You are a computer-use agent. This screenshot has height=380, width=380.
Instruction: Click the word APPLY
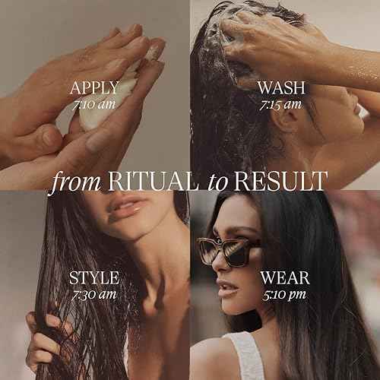(x=93, y=87)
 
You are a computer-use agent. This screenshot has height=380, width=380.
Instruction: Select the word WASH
(x=283, y=87)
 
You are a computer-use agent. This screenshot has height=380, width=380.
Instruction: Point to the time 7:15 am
(x=283, y=104)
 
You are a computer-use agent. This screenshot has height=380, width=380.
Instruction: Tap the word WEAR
(x=284, y=277)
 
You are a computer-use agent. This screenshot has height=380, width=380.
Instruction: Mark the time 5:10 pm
(x=284, y=294)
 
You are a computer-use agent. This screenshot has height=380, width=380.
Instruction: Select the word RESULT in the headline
(x=280, y=182)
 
